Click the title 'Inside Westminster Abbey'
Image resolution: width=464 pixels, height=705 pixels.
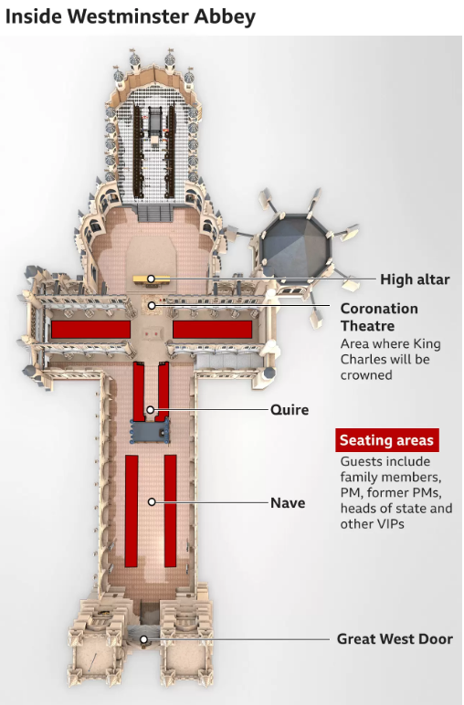[x=131, y=16]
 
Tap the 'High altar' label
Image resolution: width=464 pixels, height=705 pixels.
[x=415, y=279]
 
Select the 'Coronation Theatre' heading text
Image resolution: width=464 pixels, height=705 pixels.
[x=379, y=317]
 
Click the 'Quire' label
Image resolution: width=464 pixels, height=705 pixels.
[x=290, y=410]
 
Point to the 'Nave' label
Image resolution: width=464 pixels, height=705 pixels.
[x=288, y=502]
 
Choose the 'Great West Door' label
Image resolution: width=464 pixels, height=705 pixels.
[x=395, y=639]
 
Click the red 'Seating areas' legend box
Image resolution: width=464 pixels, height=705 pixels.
[x=386, y=440]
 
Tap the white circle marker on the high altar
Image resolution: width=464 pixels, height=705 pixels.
[x=151, y=279]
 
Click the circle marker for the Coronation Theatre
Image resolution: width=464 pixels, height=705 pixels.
[x=152, y=306]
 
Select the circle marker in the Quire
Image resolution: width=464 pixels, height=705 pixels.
[x=150, y=410]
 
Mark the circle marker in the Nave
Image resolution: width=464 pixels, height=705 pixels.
[x=152, y=501]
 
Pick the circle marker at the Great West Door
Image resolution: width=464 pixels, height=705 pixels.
[x=143, y=639]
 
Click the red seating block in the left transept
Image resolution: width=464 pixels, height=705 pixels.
[x=90, y=330]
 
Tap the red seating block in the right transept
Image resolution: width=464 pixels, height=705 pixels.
[x=212, y=330]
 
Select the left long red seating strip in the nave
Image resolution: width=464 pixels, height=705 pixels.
[x=132, y=510]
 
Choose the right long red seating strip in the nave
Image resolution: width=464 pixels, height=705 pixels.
[x=171, y=510]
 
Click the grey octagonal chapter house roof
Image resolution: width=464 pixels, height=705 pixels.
[x=295, y=247]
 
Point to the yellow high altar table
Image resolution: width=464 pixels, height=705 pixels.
[x=152, y=279]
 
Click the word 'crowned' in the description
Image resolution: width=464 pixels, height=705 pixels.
[x=366, y=375]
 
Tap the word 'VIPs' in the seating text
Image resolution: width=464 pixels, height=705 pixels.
[x=392, y=524]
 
